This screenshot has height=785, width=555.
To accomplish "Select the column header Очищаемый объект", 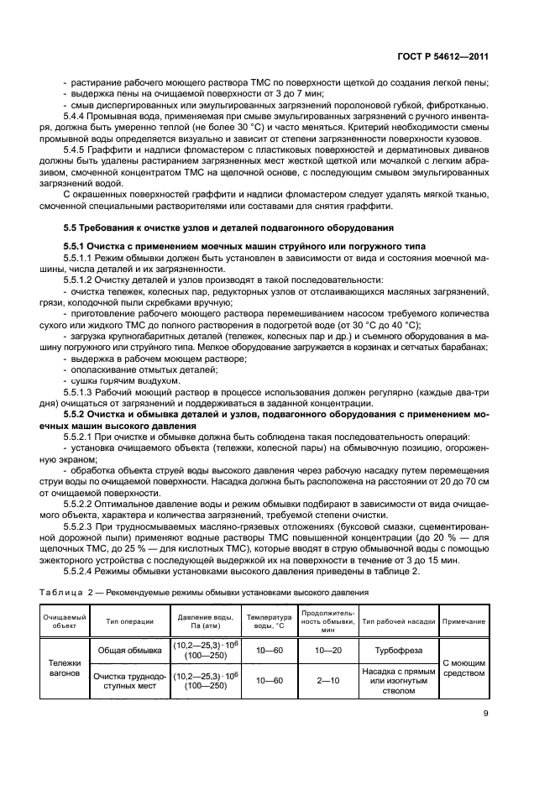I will point(65,621).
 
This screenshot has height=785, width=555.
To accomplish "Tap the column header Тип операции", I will point(130,621).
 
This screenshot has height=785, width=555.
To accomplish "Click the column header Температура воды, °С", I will point(268,621).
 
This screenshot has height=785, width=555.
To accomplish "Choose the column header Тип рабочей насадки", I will point(398,621).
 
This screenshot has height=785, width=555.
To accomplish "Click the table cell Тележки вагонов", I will point(65,667).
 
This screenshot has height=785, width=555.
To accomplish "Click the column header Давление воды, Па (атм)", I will point(205,621).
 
